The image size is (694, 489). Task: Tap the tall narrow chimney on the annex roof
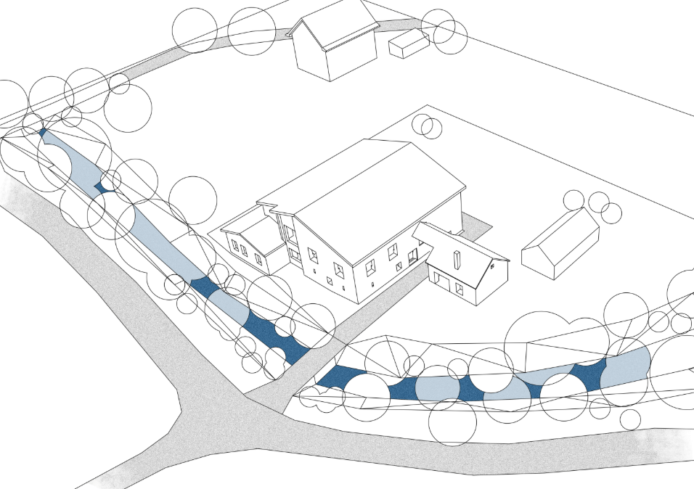(x=456, y=259)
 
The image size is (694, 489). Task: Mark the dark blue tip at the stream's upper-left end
(x=42, y=133)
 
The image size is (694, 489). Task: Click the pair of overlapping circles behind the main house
(x=428, y=126)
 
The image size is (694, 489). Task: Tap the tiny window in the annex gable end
(x=493, y=266)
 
